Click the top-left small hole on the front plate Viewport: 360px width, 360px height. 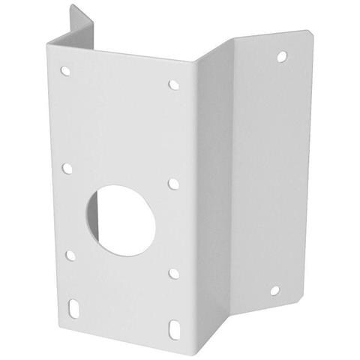[66, 72]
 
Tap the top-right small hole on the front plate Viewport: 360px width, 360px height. [174, 85]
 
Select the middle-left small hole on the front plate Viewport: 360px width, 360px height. [67, 168]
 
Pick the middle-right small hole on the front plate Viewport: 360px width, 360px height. [173, 183]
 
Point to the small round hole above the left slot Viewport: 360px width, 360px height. [70, 255]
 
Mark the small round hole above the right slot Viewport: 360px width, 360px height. [174, 274]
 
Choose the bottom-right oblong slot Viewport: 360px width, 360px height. [175, 328]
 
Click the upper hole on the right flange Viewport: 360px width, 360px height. [281, 56]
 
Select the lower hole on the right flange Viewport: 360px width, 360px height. [274, 289]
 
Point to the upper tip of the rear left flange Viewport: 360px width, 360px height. [72, 7]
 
